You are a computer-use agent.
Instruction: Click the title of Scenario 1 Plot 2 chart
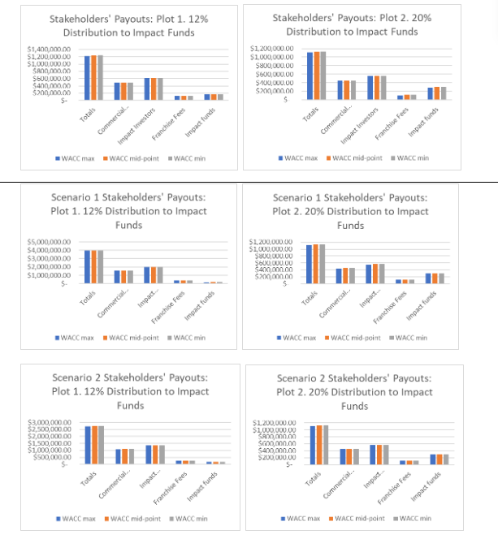pos(350,211)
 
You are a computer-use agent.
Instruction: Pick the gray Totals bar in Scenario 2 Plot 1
pos(101,444)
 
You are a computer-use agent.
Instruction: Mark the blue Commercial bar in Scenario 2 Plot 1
pos(119,455)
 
